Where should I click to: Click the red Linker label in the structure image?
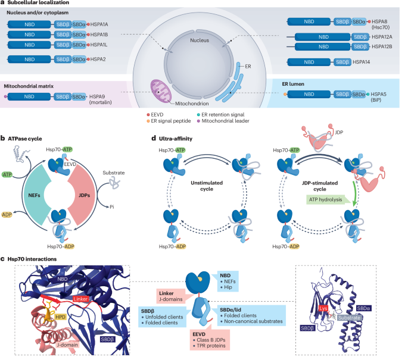[83, 280]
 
